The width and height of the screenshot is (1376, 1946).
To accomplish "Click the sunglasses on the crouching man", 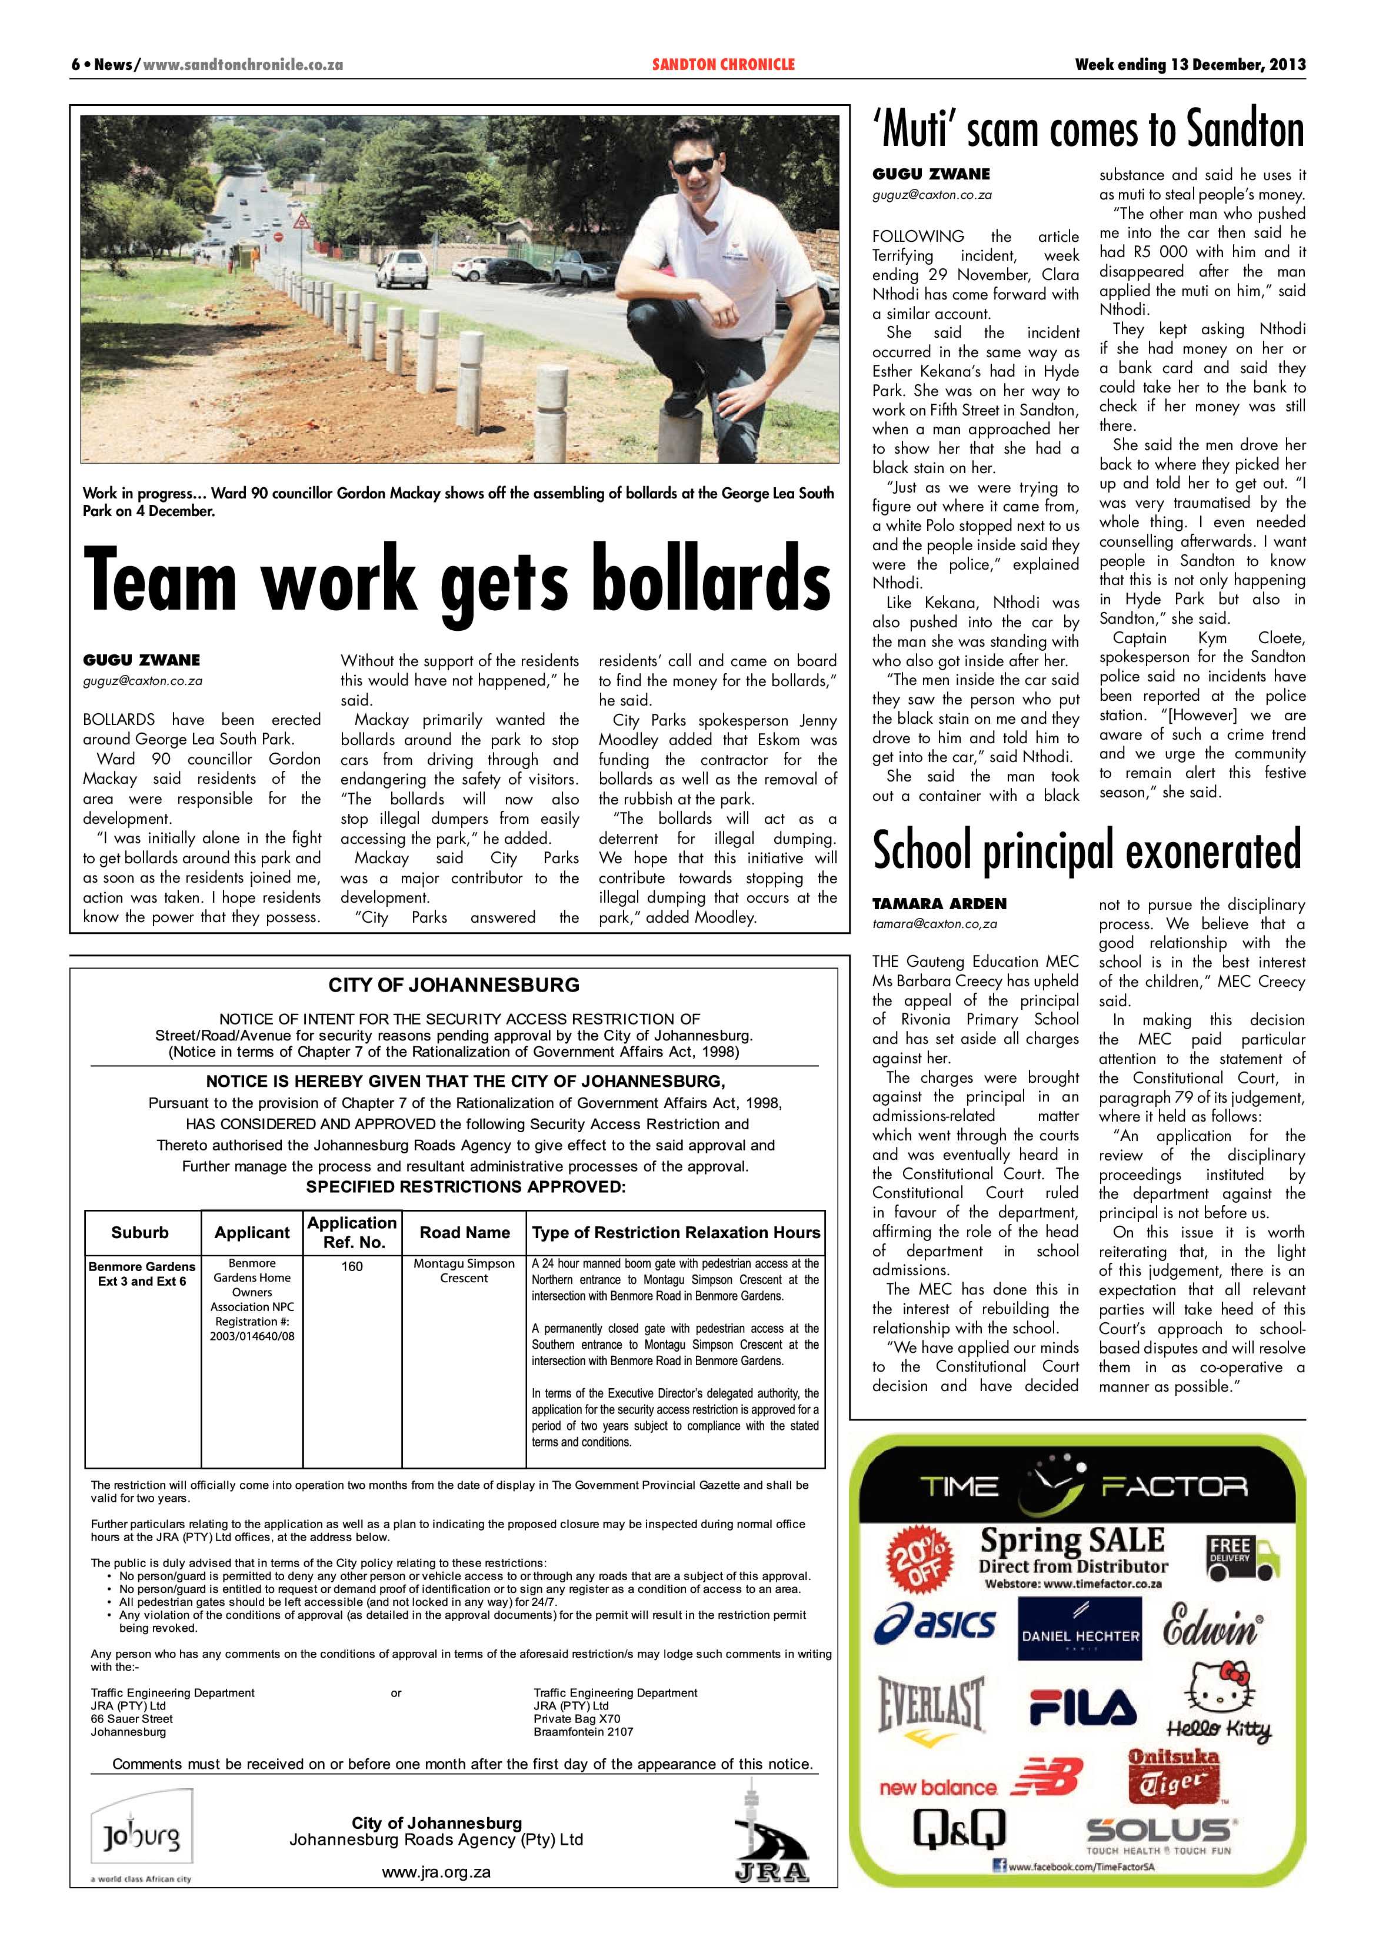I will click(693, 165).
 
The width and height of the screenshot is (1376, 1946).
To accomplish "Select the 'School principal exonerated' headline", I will click(1086, 850).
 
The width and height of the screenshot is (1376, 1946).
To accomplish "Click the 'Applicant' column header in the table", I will click(252, 1232).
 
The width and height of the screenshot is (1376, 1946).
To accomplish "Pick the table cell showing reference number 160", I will click(352, 1266).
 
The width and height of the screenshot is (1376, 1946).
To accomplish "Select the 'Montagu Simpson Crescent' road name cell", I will click(464, 1270).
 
